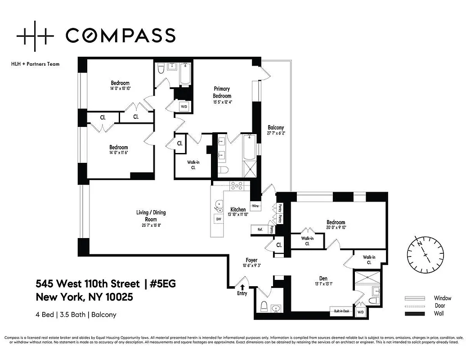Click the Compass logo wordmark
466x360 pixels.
tap(121, 35)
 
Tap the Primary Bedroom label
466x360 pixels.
tap(222, 92)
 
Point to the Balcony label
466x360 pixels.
tap(275, 127)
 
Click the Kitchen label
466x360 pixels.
tap(238, 210)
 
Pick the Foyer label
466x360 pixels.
tap(251, 260)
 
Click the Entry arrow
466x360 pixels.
tap(243, 287)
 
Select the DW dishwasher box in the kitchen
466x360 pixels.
tap(219, 219)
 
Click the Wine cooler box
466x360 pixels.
tap(255, 206)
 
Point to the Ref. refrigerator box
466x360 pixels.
tap(260, 229)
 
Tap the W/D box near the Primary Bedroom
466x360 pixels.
tap(184, 107)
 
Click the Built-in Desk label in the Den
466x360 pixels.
tap(342, 310)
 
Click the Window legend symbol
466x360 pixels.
tap(414, 298)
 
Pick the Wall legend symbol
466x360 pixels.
tap(414, 314)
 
